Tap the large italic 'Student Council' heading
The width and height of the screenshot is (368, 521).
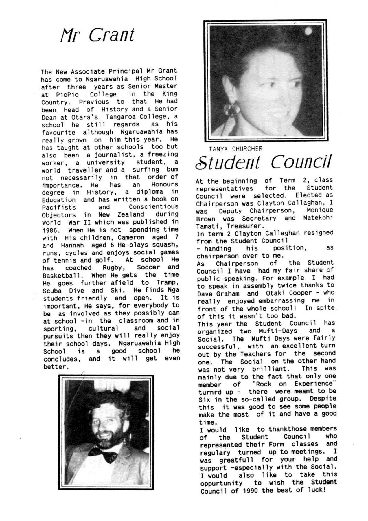point(263,162)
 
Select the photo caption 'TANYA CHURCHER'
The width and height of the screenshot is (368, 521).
point(235,149)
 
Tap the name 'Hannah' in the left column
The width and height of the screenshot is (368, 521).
point(72,245)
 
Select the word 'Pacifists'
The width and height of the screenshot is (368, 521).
point(59,208)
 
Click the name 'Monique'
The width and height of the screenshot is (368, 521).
point(320,210)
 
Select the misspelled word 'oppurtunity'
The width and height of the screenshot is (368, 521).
point(221,483)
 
